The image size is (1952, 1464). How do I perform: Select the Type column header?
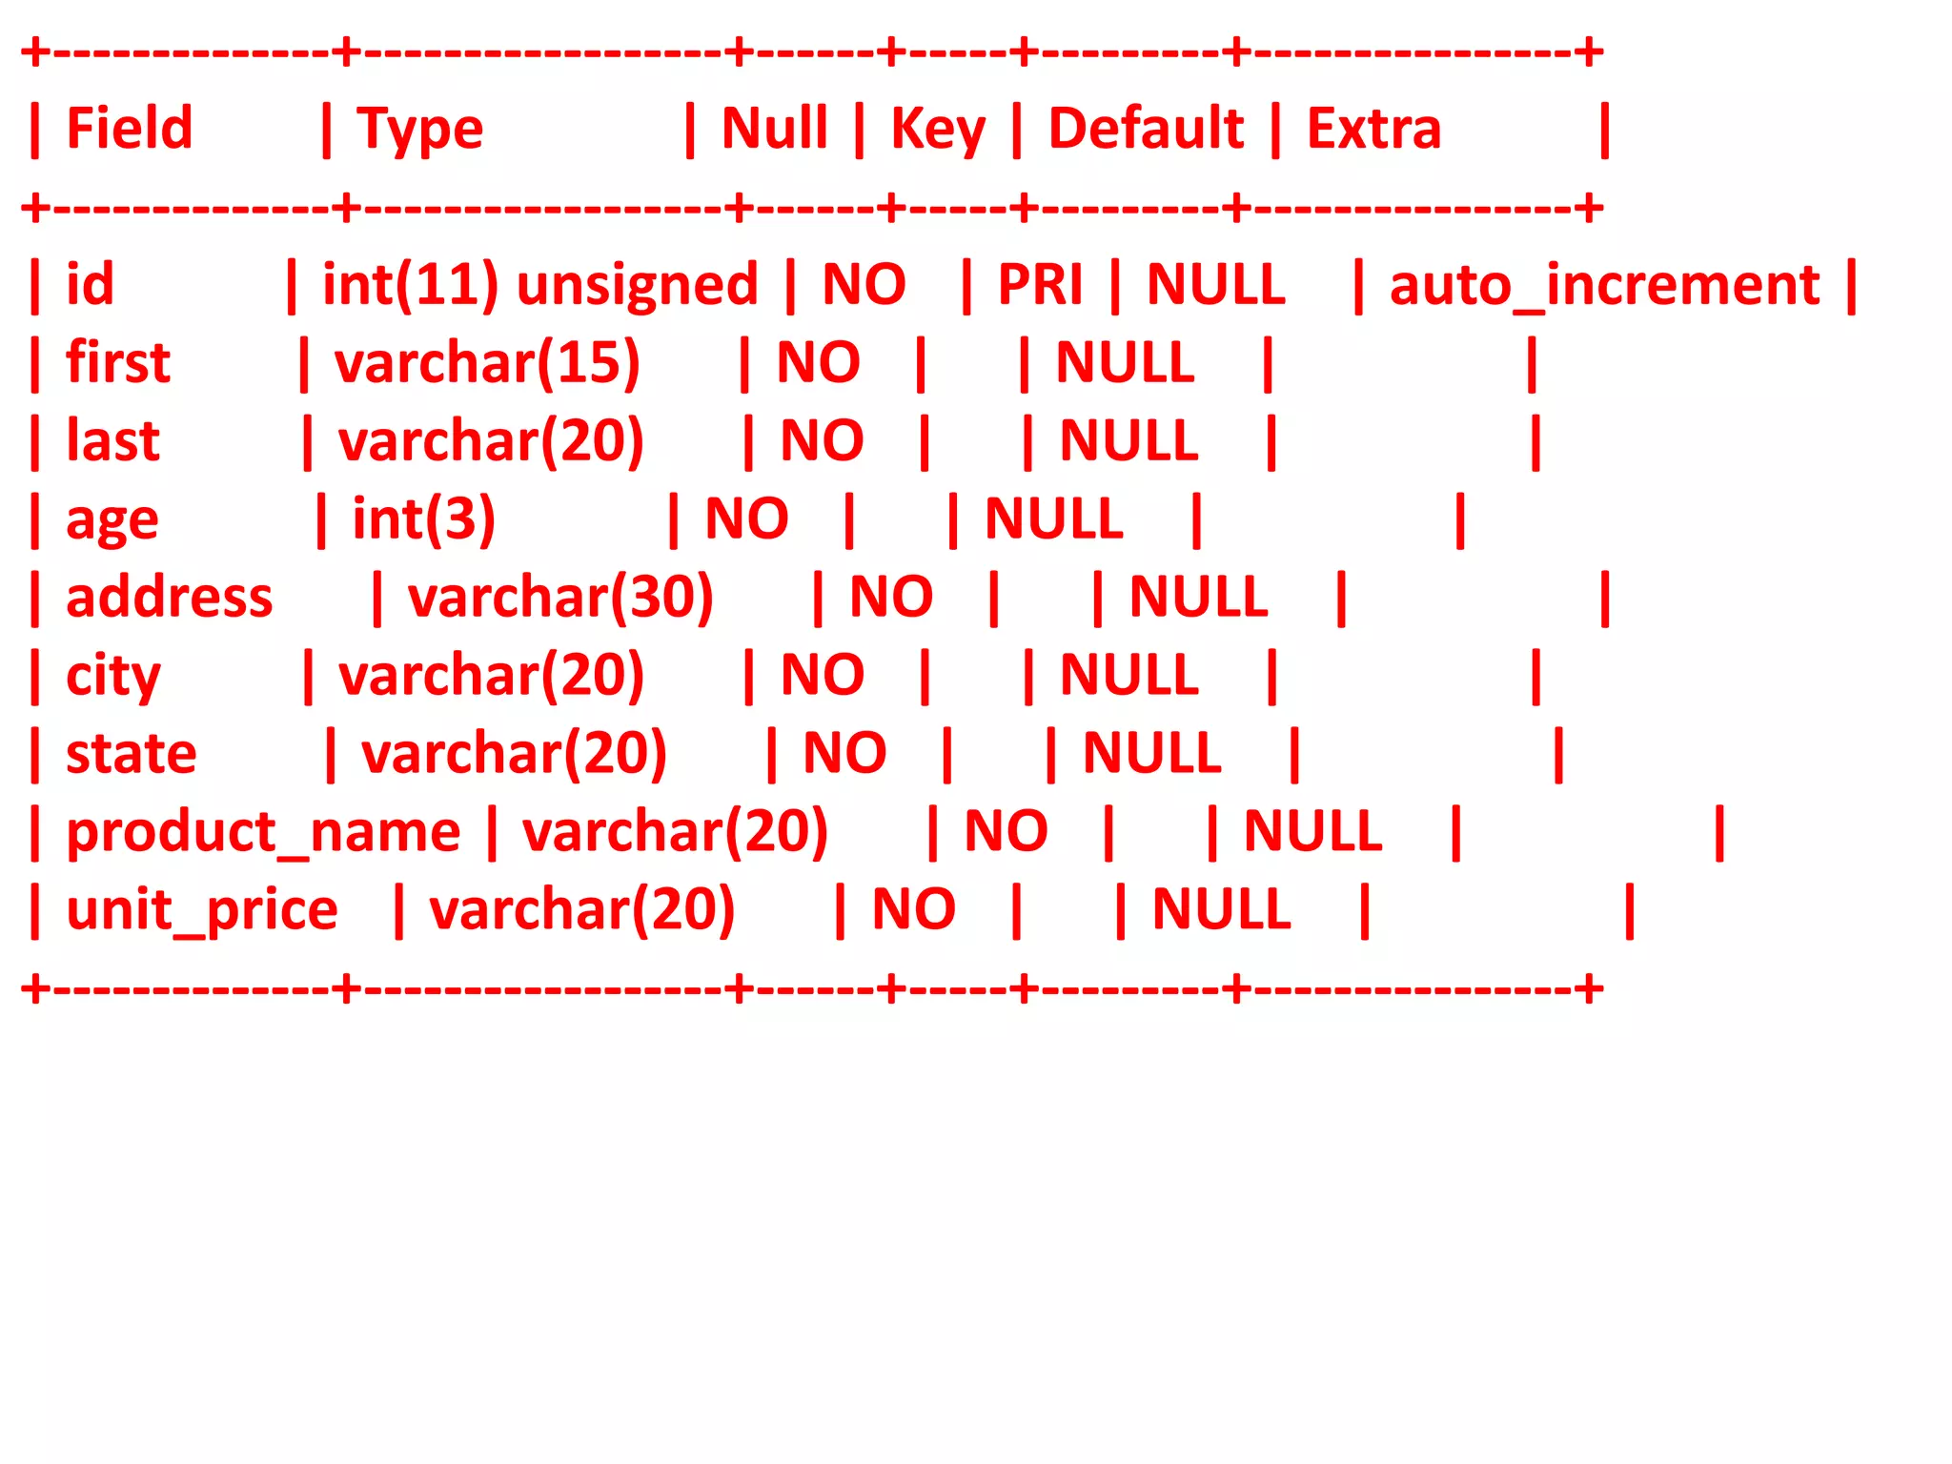tap(419, 130)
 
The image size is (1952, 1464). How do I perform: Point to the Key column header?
tap(937, 130)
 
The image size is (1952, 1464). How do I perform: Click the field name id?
tap(90, 284)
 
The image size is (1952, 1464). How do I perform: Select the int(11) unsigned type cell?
tap(539, 286)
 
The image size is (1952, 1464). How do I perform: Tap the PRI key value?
tap(1040, 284)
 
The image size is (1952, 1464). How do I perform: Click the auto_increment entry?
tap(1604, 286)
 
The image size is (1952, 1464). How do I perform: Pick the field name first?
tap(118, 362)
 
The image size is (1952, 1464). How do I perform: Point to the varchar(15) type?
tap(487, 364)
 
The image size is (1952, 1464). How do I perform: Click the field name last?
tap(112, 440)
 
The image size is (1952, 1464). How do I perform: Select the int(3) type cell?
tap(424, 520)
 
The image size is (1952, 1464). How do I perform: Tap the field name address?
tap(170, 597)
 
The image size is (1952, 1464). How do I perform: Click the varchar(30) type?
tap(560, 599)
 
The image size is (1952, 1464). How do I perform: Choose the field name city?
tap(112, 677)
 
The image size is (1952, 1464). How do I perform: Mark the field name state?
tap(132, 753)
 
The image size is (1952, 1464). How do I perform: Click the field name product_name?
tap(263, 833)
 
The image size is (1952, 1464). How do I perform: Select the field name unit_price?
tap(202, 911)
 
